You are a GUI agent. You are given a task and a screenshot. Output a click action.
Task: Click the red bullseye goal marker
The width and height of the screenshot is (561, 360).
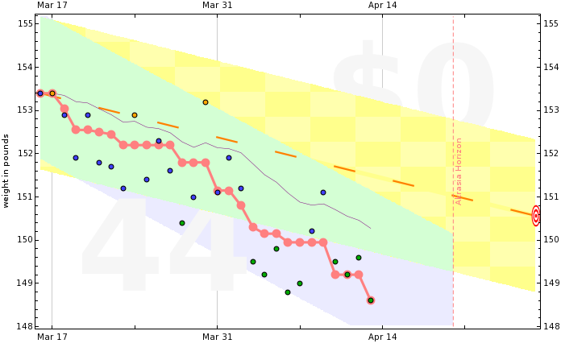click(x=536, y=215)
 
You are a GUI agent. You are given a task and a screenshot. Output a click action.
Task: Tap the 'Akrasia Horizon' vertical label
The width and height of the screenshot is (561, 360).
click(x=459, y=170)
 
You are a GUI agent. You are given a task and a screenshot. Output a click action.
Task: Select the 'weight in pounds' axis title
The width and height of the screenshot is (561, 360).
click(x=6, y=170)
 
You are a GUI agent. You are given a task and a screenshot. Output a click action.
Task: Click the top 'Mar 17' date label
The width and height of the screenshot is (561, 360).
click(x=52, y=6)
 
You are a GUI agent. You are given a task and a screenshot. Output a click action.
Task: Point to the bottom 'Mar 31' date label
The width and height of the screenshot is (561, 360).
click(x=217, y=336)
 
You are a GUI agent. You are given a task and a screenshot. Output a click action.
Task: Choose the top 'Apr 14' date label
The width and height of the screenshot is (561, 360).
click(x=382, y=6)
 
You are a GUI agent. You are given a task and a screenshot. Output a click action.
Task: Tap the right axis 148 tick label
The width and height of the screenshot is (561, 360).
click(x=552, y=326)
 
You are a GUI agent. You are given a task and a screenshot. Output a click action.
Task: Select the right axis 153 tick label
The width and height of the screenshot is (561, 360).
click(x=552, y=110)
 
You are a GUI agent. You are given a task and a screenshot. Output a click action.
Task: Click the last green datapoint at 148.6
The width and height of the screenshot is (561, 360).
click(x=371, y=300)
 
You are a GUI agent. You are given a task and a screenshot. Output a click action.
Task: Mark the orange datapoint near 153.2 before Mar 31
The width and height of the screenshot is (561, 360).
click(x=206, y=102)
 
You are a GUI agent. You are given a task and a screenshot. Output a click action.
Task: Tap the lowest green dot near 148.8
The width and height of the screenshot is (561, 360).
click(x=288, y=292)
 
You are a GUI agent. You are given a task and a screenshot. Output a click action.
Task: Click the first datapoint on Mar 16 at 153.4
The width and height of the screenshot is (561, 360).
click(x=40, y=93)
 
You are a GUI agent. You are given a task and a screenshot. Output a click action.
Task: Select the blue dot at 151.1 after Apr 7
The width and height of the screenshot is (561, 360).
click(x=323, y=192)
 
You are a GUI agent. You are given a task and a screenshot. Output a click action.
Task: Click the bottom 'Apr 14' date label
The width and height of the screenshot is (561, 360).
click(x=382, y=336)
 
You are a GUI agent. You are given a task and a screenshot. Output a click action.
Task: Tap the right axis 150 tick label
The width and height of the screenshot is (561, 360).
click(x=552, y=240)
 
